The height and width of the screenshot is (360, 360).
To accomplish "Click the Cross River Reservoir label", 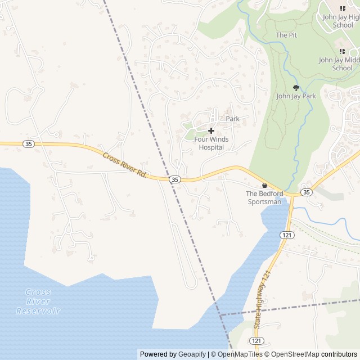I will (x=38, y=301).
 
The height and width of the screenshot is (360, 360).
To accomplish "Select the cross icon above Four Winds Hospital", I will (x=211, y=130).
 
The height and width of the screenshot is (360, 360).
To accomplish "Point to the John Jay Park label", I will (x=296, y=96).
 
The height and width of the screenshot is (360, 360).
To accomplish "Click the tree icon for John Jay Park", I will (x=296, y=87).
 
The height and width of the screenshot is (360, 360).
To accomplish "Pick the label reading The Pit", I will (x=286, y=35).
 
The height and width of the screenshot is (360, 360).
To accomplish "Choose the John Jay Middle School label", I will (x=339, y=64).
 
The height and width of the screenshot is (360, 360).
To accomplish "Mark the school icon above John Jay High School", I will (x=342, y=7).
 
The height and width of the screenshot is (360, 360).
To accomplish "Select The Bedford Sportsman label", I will (x=264, y=197).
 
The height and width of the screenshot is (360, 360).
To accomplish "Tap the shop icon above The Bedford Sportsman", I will (x=265, y=185).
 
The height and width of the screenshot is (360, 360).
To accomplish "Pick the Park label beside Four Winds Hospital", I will (x=233, y=119).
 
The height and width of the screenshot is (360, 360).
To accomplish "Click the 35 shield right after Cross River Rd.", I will (x=175, y=179).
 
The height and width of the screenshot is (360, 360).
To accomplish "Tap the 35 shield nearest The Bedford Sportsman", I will (x=306, y=192).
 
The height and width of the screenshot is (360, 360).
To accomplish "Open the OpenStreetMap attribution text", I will (x=292, y=354).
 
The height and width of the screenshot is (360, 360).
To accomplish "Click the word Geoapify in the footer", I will (x=192, y=354).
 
